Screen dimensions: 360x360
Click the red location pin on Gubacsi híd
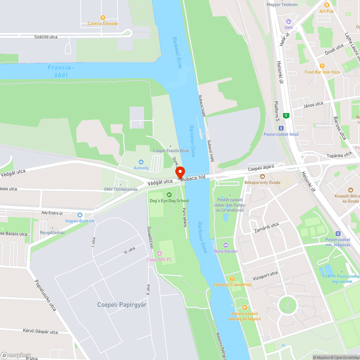180,172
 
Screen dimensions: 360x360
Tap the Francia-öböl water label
61,71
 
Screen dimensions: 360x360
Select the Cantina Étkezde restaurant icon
103,17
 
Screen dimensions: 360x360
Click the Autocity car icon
141,162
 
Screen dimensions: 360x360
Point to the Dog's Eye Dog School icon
169,195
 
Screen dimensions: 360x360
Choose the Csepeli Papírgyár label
122,305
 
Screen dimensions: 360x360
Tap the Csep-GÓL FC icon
160,253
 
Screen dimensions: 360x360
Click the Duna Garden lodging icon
226,245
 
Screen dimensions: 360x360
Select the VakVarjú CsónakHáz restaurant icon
232,278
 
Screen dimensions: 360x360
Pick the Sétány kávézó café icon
245,307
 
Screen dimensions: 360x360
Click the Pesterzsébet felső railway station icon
281,128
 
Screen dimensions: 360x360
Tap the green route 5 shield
286,116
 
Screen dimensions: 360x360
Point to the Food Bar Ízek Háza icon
322,66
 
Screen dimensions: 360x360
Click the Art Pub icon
327,5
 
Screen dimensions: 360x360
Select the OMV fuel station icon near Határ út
289,22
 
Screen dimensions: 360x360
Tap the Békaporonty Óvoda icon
262,176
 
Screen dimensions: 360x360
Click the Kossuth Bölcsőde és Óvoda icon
351,190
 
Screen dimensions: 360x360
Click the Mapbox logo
16,355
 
